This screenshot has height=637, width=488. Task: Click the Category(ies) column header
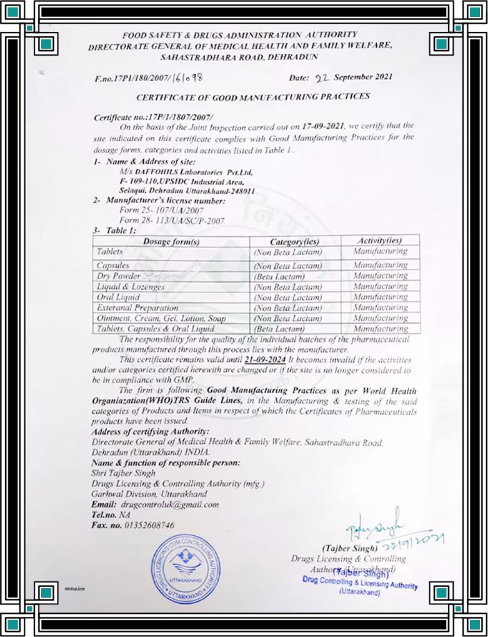click(294, 241)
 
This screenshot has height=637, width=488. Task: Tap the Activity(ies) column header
click(379, 241)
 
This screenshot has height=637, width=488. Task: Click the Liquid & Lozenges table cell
click(131, 286)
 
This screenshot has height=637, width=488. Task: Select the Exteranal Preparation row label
click(139, 308)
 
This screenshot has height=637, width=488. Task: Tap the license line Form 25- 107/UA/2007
click(147, 211)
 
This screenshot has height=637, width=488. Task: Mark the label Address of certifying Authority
click(151, 432)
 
